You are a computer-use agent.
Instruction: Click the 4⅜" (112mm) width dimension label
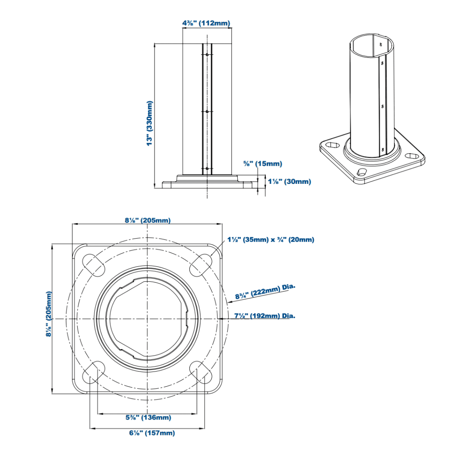tap(206, 23)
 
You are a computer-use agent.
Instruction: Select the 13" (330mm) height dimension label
tap(150, 123)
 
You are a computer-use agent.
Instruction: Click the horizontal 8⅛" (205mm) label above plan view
tap(148, 220)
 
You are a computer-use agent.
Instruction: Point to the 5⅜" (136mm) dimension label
tap(148, 418)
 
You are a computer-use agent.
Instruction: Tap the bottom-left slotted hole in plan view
tap(93, 372)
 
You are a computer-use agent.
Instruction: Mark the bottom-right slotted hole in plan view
tap(202, 372)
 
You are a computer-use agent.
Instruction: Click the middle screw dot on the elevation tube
tap(207, 111)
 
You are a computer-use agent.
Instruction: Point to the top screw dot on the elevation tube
tap(207, 55)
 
